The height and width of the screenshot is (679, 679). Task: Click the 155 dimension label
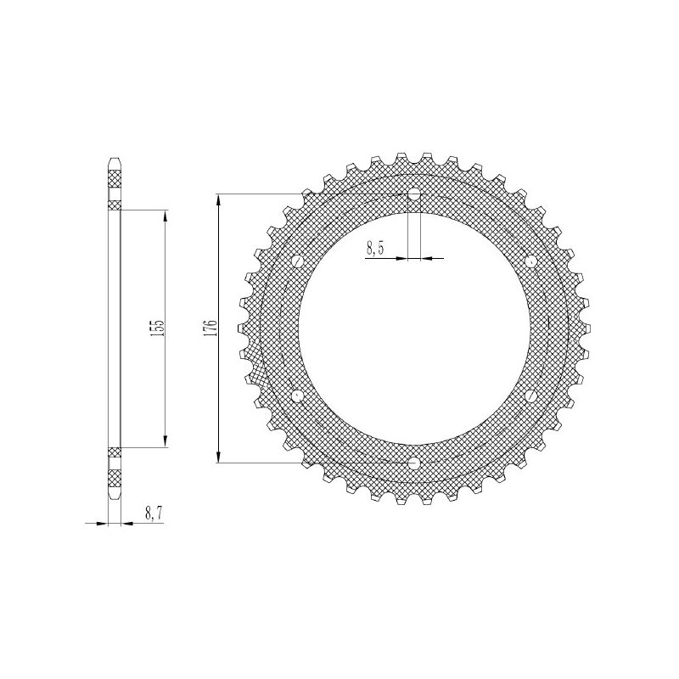(x=159, y=328)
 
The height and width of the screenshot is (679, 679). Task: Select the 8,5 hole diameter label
(x=375, y=249)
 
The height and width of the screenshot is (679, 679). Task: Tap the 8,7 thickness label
(x=154, y=514)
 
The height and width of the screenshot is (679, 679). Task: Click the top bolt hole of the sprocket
(x=414, y=194)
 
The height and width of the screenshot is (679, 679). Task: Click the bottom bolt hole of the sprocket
(x=414, y=463)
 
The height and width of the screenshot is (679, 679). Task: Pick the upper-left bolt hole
(x=298, y=261)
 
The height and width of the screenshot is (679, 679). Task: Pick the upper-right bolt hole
(x=530, y=261)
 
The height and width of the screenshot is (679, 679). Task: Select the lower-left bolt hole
(x=298, y=396)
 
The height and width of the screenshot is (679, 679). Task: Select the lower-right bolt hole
(x=530, y=396)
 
